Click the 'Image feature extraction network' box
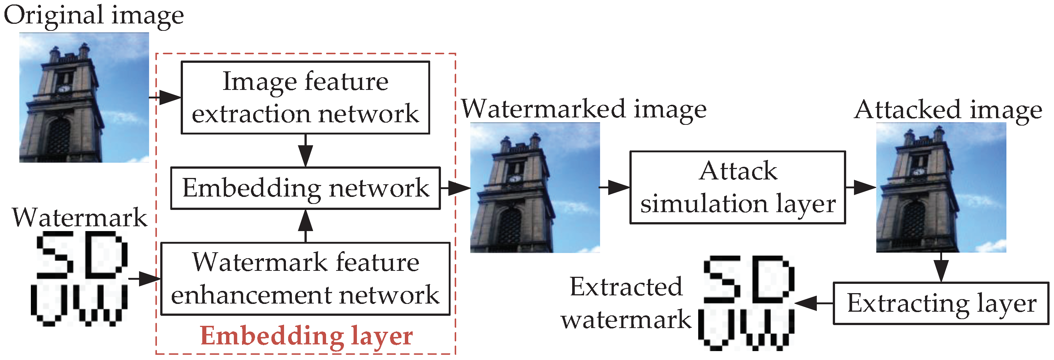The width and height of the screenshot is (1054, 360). point(305,97)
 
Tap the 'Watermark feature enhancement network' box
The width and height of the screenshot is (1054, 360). point(305,279)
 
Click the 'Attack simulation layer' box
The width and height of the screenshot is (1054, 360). point(738,187)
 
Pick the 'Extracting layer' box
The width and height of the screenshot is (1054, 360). point(941,303)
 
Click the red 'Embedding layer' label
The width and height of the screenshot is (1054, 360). point(306,336)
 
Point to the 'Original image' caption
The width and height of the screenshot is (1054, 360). point(94,16)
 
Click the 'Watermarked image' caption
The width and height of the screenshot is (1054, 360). point(584,109)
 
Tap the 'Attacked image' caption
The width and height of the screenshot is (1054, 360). point(948,110)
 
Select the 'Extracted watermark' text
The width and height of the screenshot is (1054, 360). point(626,303)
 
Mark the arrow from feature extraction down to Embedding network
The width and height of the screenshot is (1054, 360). point(305,150)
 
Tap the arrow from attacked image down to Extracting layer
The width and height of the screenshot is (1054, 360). point(941,267)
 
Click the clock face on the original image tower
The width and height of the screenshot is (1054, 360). point(64,89)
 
